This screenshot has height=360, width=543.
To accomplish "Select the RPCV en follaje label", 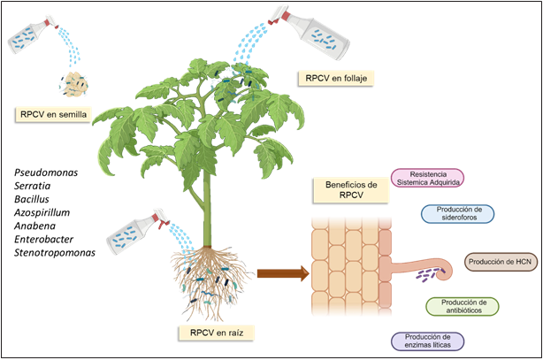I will [336, 78].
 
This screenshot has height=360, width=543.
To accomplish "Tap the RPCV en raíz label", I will [216, 333].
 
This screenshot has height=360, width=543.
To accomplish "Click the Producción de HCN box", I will [501, 263].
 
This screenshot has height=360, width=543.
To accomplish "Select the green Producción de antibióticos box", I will [462, 306].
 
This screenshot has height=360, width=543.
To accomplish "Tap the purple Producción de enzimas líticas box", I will [427, 341].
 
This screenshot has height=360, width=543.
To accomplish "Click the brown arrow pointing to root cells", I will [279, 274].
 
